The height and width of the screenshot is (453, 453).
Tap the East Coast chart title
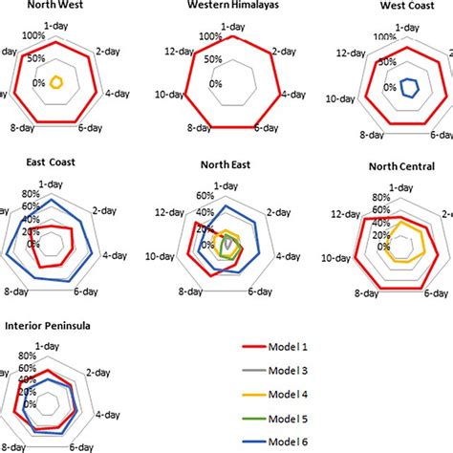point(39,162)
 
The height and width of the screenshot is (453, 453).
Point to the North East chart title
point(226,163)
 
